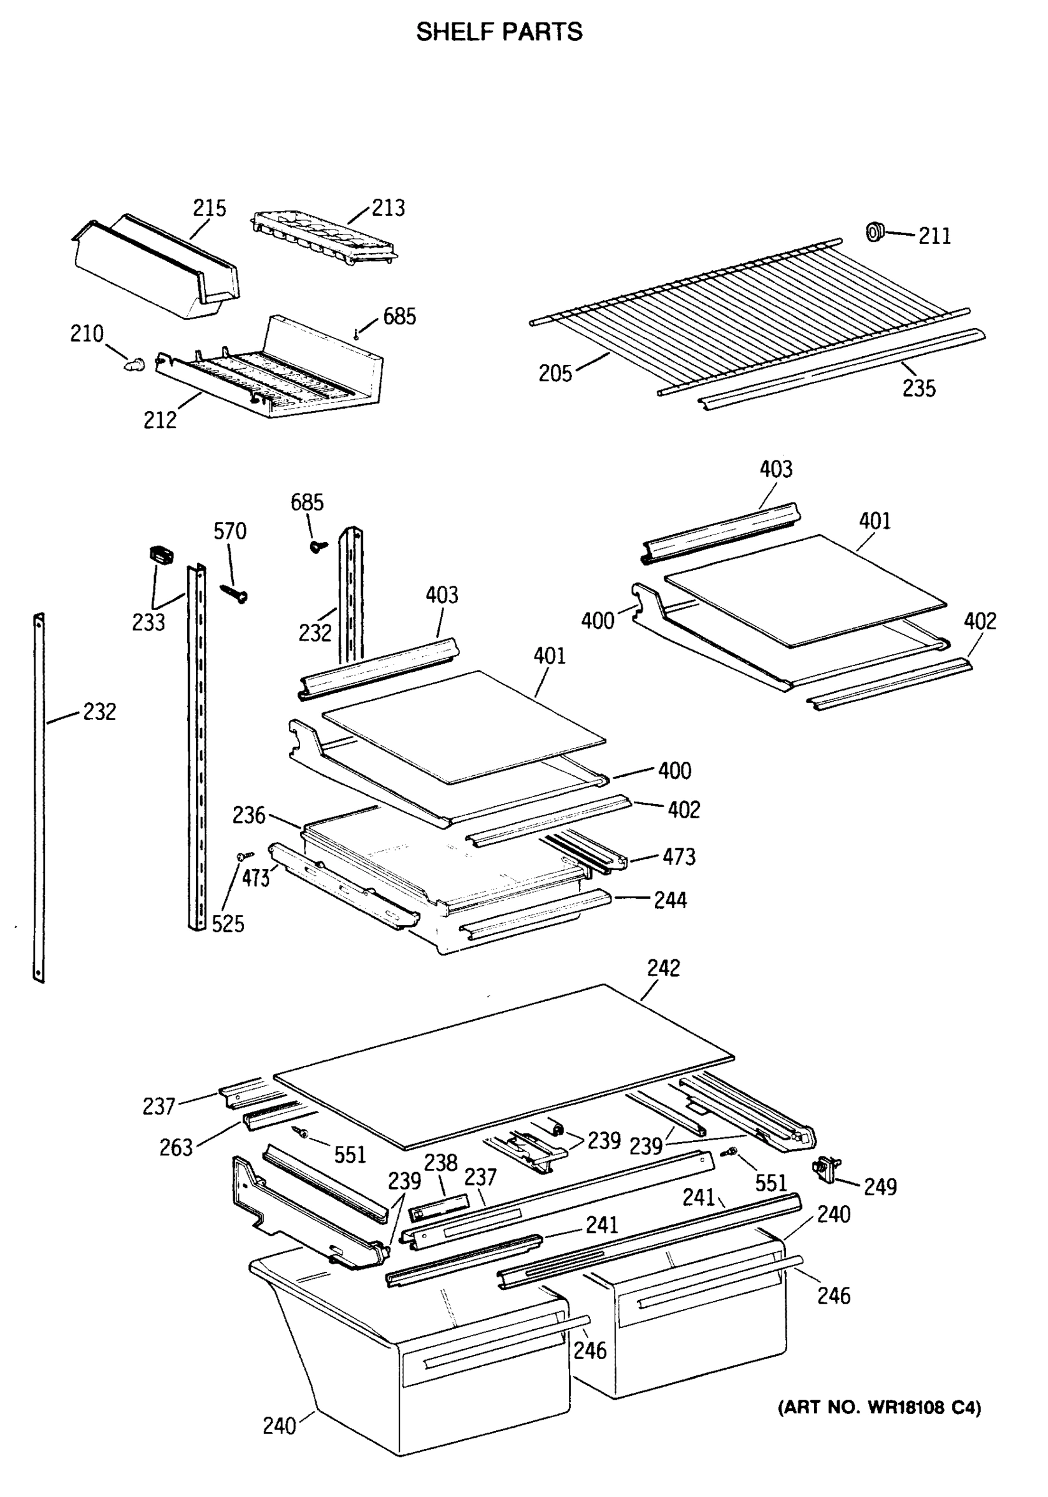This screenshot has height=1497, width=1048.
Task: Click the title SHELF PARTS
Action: point(499,31)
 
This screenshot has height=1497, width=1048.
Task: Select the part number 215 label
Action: point(210,208)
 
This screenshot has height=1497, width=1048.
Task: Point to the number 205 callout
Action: point(555,374)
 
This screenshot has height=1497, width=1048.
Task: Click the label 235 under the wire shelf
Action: point(918,389)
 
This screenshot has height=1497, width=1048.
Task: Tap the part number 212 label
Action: point(160,420)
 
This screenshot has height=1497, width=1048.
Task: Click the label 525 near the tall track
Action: point(228,924)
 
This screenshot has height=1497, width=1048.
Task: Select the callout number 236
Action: point(248,815)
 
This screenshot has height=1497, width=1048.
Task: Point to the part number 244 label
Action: point(670,901)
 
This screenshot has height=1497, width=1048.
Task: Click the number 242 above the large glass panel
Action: point(663,968)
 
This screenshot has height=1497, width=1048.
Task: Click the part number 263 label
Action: point(176,1148)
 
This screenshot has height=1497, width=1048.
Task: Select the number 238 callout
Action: point(441,1163)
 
